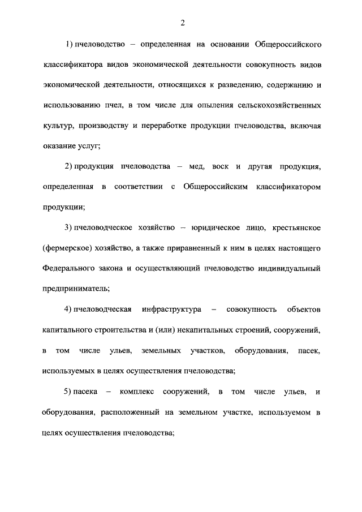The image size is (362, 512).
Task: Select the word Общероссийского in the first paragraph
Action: (x=288, y=44)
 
